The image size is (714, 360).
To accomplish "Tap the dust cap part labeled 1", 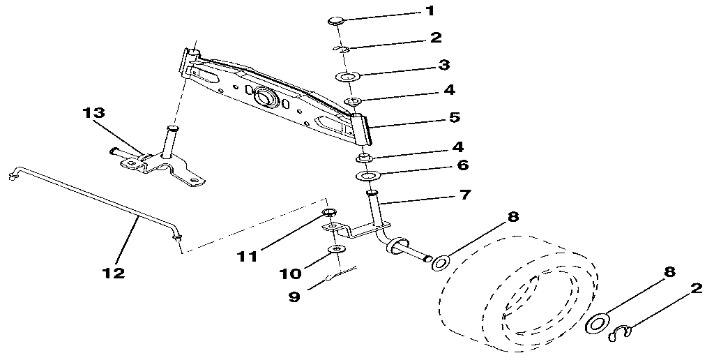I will click(x=335, y=20).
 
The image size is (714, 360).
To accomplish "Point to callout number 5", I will click(x=455, y=117).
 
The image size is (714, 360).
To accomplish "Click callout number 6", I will click(x=463, y=165).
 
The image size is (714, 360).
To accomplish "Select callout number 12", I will click(x=113, y=273).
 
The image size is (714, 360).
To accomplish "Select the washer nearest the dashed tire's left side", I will click(x=441, y=263).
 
